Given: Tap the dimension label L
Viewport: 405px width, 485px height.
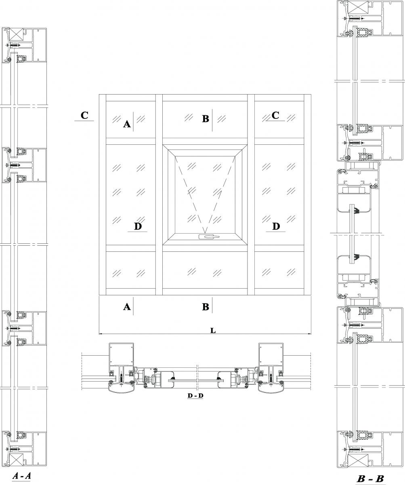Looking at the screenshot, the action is point(213,331).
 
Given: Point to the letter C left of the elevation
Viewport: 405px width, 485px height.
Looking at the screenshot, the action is point(84,115).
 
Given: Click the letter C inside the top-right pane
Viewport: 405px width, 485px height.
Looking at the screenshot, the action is point(275,115).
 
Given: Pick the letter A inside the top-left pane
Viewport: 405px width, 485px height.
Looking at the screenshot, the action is point(127,124).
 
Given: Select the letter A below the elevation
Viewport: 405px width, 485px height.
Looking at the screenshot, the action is point(127,307).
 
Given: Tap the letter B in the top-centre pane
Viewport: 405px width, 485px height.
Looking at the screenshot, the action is point(206,119).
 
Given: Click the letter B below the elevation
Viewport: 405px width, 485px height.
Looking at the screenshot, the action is point(206,307).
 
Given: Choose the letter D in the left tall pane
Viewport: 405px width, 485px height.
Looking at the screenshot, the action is point(138,226).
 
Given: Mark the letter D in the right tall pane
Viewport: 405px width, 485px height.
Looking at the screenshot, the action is point(276,226).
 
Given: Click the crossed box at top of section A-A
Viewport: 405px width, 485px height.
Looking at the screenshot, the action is point(17,34).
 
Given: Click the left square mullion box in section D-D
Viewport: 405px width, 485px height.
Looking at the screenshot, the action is point(122,354).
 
